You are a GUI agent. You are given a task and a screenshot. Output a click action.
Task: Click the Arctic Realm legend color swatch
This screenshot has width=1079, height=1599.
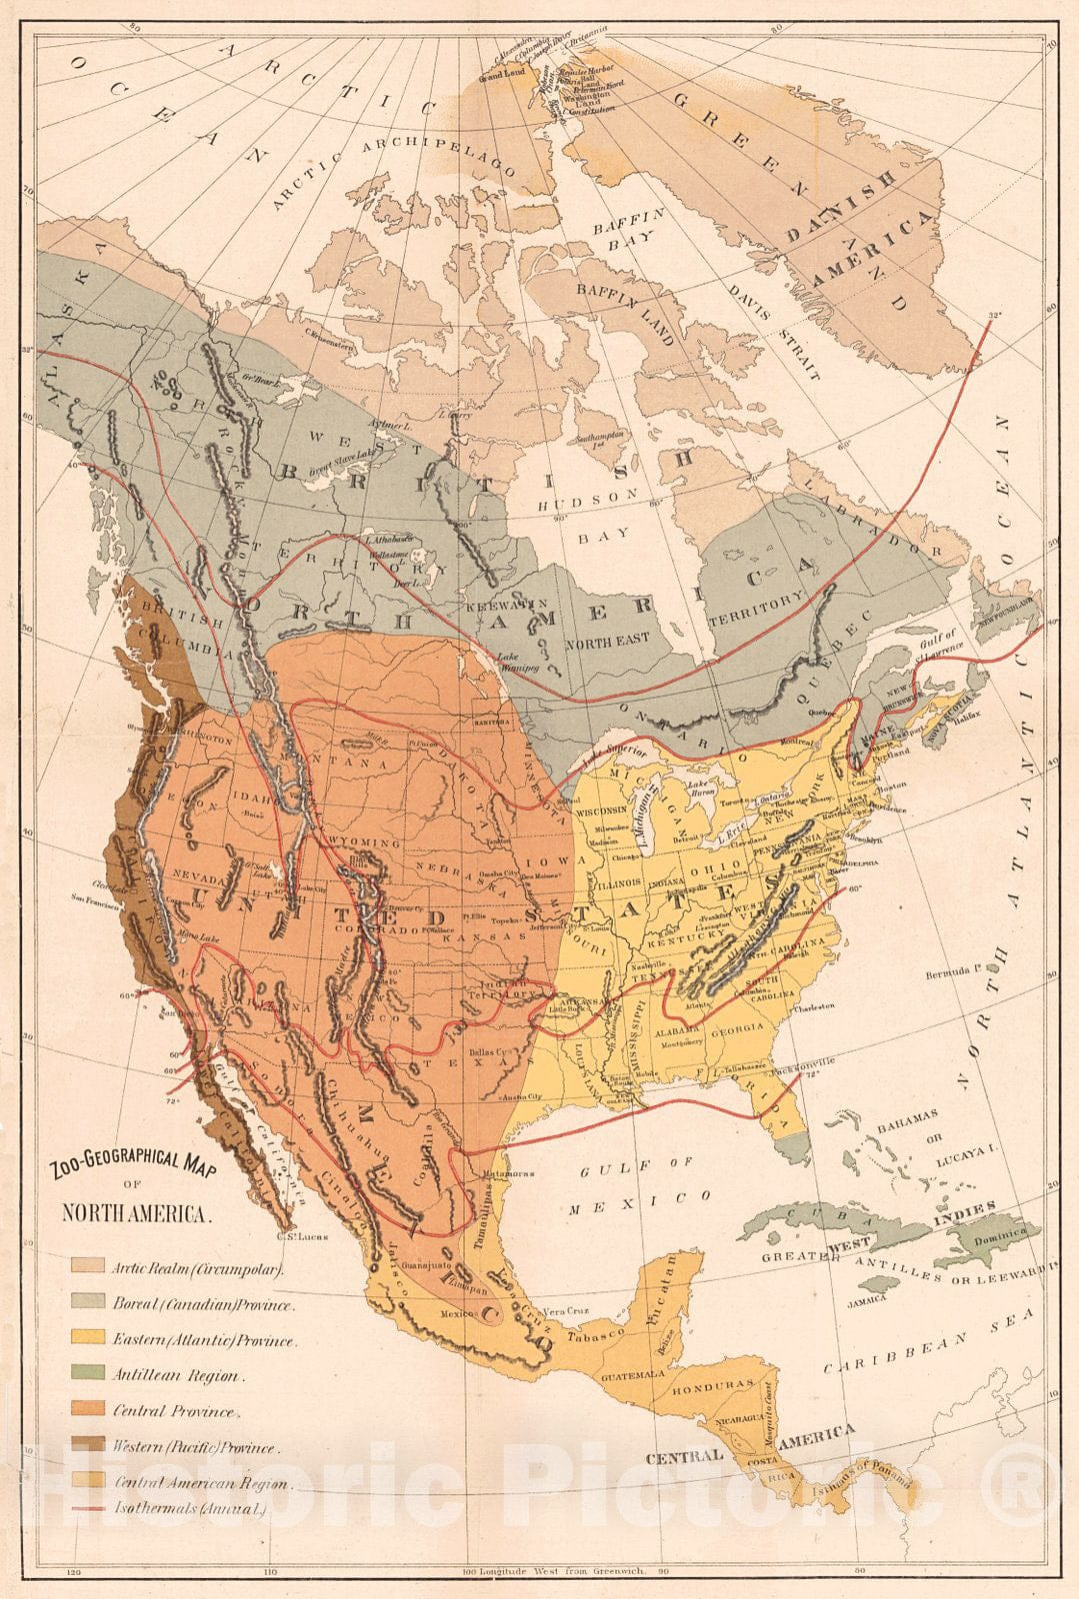(x=87, y=1268)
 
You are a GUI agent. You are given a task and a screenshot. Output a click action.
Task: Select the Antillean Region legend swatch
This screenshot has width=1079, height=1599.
(x=87, y=1376)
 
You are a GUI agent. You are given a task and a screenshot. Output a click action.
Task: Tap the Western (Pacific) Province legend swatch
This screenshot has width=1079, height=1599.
(x=87, y=1447)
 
